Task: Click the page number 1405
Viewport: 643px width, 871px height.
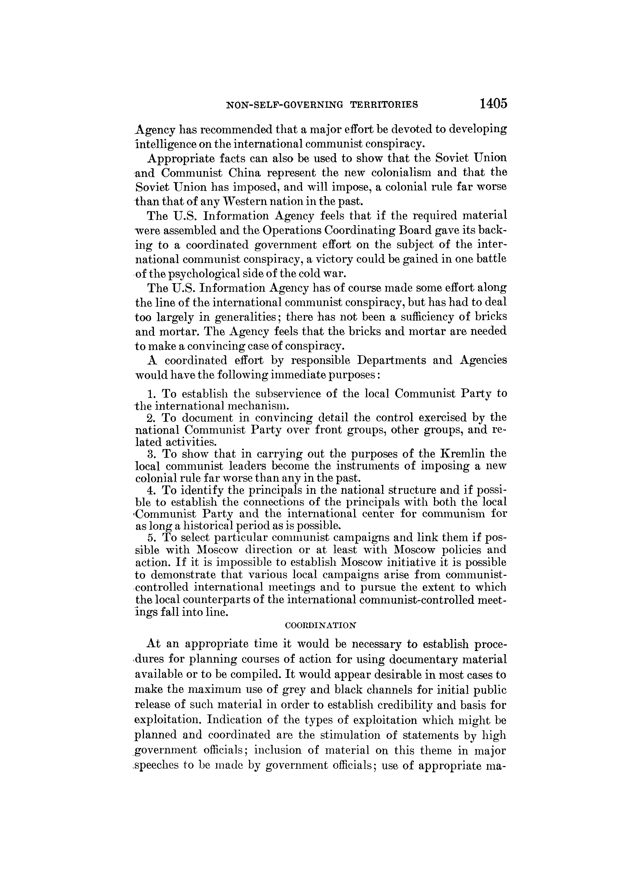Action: click(493, 104)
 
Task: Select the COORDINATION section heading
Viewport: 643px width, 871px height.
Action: click(320, 626)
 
